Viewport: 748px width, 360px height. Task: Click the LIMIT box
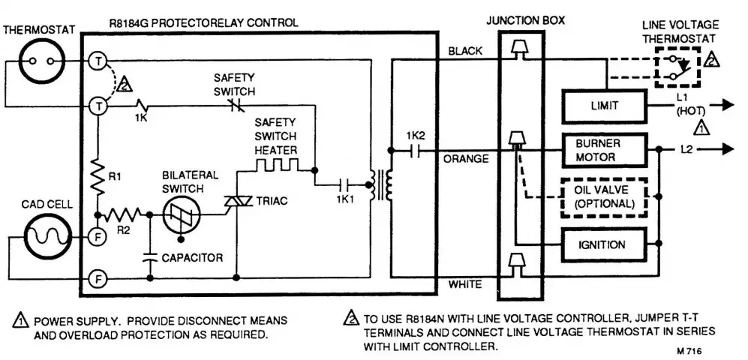[605, 106]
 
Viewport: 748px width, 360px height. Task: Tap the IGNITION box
[603, 244]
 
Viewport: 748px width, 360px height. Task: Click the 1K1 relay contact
[346, 182]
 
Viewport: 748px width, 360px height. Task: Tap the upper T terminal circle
[97, 62]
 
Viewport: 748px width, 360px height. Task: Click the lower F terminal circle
[97, 279]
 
